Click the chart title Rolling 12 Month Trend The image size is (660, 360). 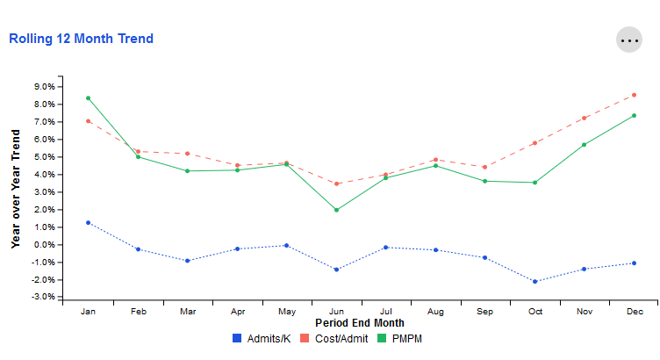click(81, 39)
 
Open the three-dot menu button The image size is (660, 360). click(629, 40)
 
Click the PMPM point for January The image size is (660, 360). click(89, 97)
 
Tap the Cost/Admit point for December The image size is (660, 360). click(634, 95)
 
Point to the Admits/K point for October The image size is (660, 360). click(534, 282)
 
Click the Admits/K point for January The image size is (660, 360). click(89, 222)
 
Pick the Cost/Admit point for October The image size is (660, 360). click(534, 143)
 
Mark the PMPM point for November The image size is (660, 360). click(585, 145)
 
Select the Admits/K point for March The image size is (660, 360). click(188, 261)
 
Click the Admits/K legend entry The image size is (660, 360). click(262, 338)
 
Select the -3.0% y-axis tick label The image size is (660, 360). click(43, 298)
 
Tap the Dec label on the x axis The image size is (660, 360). click(634, 312)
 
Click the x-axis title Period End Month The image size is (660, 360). click(360, 323)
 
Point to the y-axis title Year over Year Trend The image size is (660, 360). click(16, 188)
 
